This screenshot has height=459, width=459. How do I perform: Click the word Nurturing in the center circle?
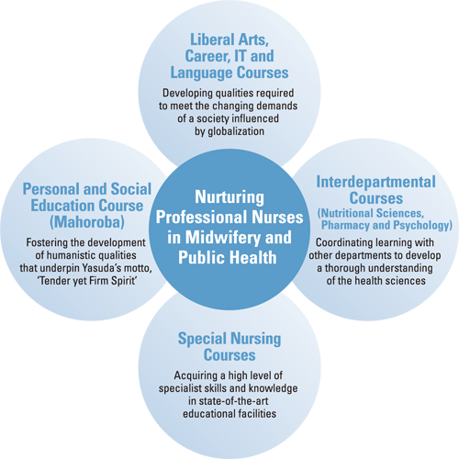point(229,198)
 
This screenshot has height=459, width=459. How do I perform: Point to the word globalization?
point(236,131)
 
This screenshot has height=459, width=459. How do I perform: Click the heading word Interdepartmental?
point(375,182)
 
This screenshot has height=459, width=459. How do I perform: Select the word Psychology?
point(422,225)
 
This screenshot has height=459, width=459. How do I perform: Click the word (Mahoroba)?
point(87,222)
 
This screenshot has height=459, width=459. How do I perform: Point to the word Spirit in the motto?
point(124,281)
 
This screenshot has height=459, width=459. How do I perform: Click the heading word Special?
point(202,339)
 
